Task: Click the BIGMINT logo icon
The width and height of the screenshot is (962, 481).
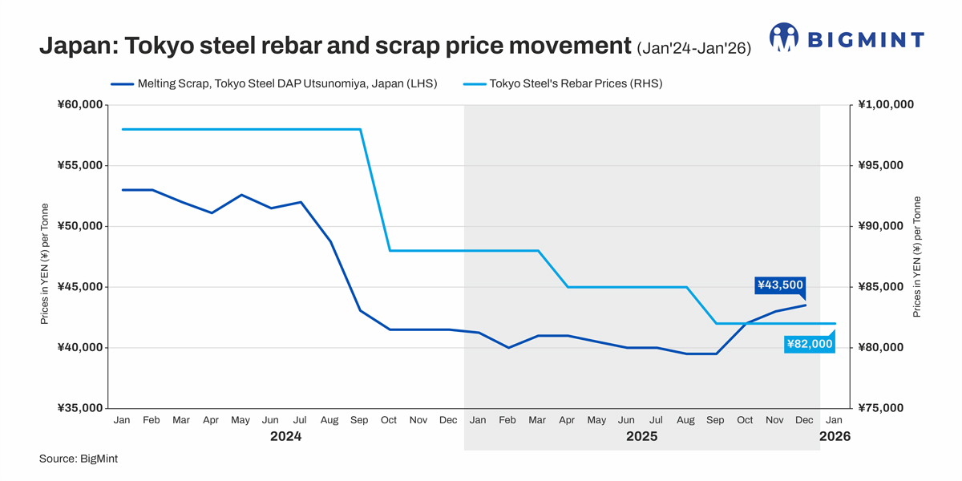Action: pyautogui.click(x=784, y=38)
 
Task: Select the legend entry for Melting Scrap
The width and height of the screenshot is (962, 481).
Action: pyautogui.click(x=273, y=83)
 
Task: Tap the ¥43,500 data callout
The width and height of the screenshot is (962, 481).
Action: pyautogui.click(x=780, y=285)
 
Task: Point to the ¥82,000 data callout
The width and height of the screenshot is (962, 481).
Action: pyautogui.click(x=809, y=344)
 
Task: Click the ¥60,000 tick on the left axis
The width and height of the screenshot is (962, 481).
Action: pyautogui.click(x=79, y=105)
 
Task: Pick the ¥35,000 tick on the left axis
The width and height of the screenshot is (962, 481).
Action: pyautogui.click(x=79, y=408)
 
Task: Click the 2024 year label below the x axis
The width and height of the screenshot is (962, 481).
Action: pyautogui.click(x=285, y=437)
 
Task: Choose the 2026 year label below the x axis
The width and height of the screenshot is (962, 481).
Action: pyautogui.click(x=835, y=437)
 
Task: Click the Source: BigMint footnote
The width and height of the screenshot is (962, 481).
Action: pyautogui.click(x=79, y=459)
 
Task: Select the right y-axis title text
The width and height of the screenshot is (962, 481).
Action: pyautogui.click(x=917, y=257)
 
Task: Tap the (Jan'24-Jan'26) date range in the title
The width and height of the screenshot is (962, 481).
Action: pyautogui.click(x=694, y=49)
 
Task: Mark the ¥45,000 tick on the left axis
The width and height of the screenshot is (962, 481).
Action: pyautogui.click(x=79, y=287)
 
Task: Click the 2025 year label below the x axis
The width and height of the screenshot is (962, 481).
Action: pyautogui.click(x=641, y=437)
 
